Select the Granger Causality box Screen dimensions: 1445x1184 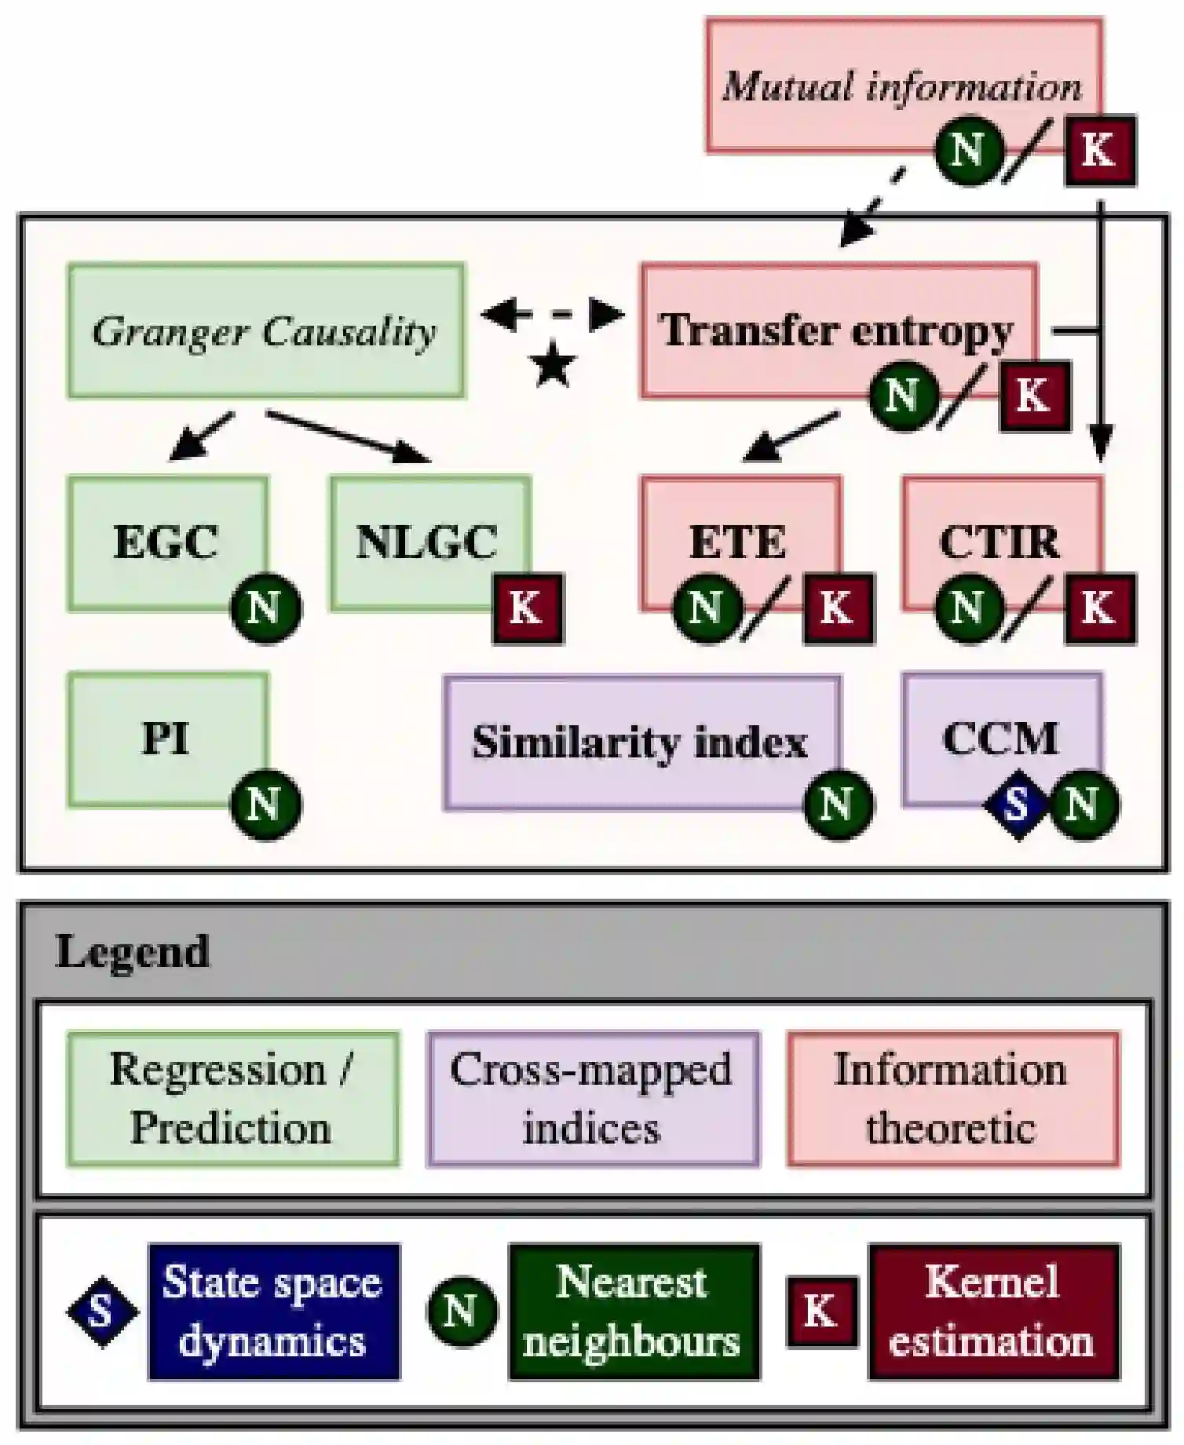(265, 330)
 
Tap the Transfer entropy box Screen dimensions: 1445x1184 (837, 330)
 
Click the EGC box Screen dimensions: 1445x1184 (166, 542)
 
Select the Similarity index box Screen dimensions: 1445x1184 (640, 741)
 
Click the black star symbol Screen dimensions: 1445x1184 (553, 366)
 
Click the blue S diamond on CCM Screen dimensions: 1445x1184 (1018, 805)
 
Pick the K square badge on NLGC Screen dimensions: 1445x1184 (527, 608)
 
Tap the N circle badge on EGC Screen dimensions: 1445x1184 (265, 608)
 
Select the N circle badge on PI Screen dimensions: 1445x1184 (265, 805)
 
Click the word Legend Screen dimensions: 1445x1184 (133, 952)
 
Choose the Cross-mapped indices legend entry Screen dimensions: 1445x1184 (592, 1098)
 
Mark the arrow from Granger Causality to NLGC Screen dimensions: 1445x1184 (349, 436)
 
